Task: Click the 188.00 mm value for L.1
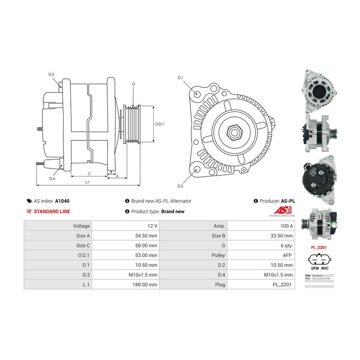pos(146,285)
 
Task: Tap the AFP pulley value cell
pos(287,255)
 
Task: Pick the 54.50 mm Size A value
pos(146,236)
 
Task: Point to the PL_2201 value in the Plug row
pos(283,285)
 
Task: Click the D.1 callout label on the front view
pos(180,78)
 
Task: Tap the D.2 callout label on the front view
pos(180,186)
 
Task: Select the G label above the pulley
pos(133,84)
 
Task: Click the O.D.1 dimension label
pos(160,124)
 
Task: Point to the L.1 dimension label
pos(87,182)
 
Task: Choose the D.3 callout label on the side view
pos(51,74)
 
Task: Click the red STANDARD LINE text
pos(52,211)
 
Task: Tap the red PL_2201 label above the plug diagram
pos(319,247)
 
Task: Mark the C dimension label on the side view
pos(89,174)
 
